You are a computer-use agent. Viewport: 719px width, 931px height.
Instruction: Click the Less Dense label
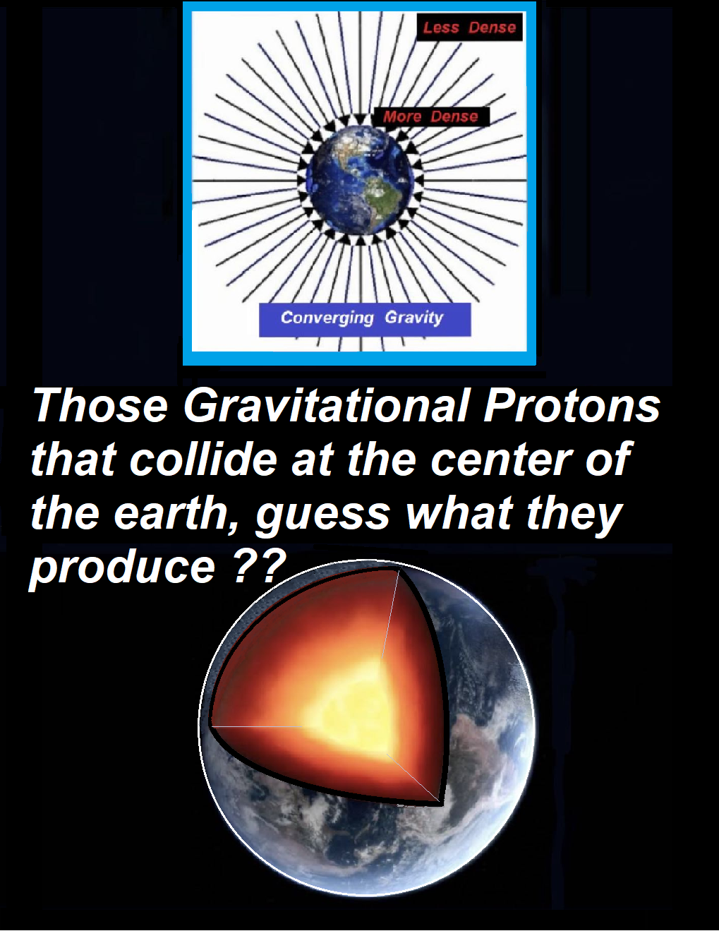[469, 28]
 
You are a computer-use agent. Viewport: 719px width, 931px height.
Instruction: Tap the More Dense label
[430, 116]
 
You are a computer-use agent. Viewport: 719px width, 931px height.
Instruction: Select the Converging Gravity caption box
[365, 320]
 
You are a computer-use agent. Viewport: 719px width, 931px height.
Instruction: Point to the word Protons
[572, 406]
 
